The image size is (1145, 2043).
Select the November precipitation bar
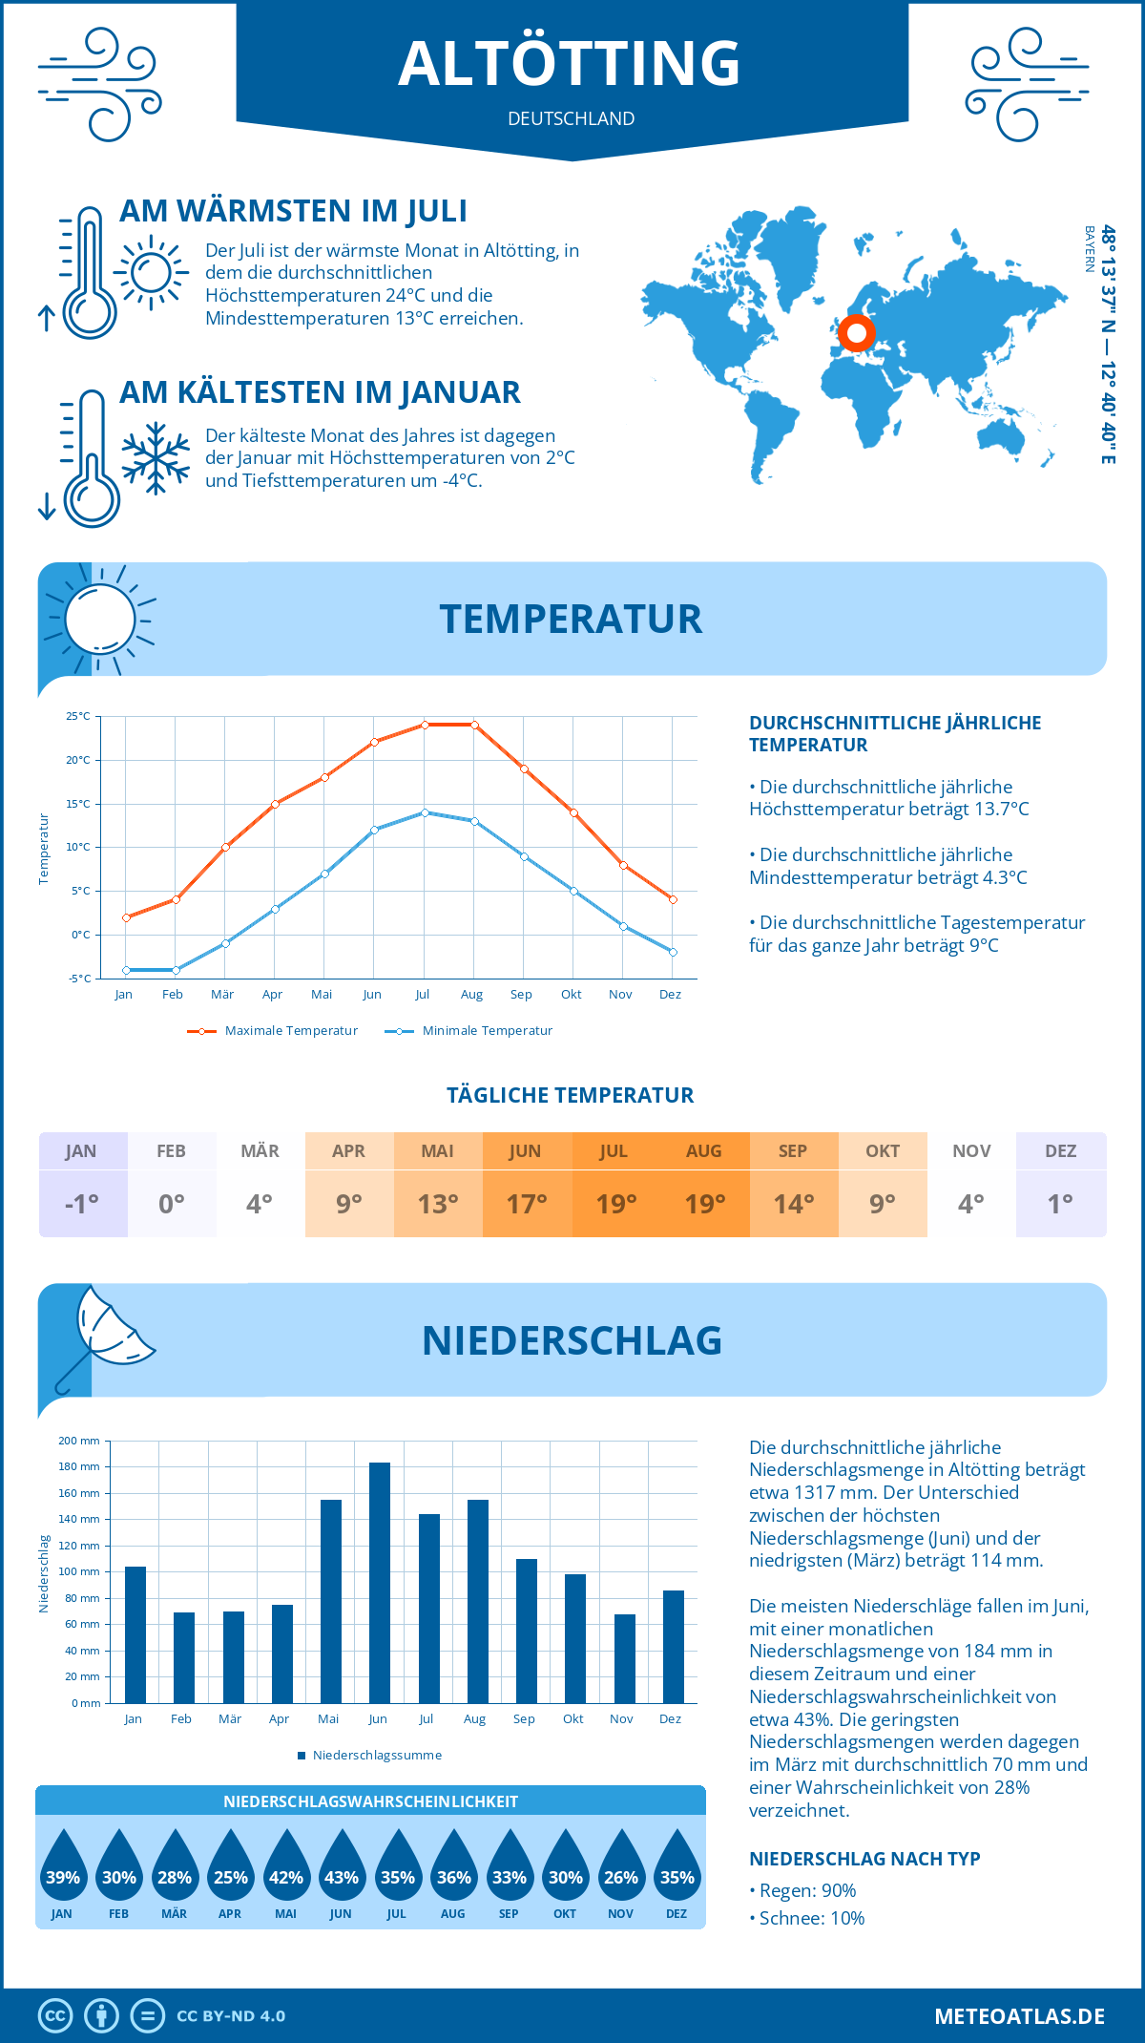[x=624, y=1658]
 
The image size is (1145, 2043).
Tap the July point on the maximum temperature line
[x=425, y=725]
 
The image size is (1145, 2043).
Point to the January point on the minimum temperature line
[x=126, y=970]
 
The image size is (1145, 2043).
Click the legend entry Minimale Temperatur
[x=487, y=1031]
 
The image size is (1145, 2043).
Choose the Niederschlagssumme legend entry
[x=377, y=1756]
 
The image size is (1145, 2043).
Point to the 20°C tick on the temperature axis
[x=78, y=760]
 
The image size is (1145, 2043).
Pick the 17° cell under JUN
[x=527, y=1204]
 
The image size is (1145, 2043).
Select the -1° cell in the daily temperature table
[x=82, y=1204]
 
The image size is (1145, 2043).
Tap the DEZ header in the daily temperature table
[x=1060, y=1151]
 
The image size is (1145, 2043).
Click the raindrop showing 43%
[x=342, y=1868]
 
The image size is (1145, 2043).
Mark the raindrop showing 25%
[x=230, y=1868]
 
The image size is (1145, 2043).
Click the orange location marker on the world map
[x=856, y=333]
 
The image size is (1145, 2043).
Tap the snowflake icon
[x=156, y=458]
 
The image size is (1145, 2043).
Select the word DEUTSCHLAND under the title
[x=571, y=118]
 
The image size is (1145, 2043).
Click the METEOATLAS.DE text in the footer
[x=1019, y=2016]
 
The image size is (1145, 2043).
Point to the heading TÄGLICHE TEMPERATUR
[x=571, y=1095]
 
